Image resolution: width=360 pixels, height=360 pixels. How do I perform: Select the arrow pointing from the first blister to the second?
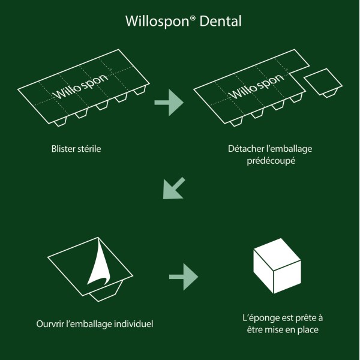point(169,103)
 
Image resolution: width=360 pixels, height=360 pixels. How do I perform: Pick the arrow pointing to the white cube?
point(183,277)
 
